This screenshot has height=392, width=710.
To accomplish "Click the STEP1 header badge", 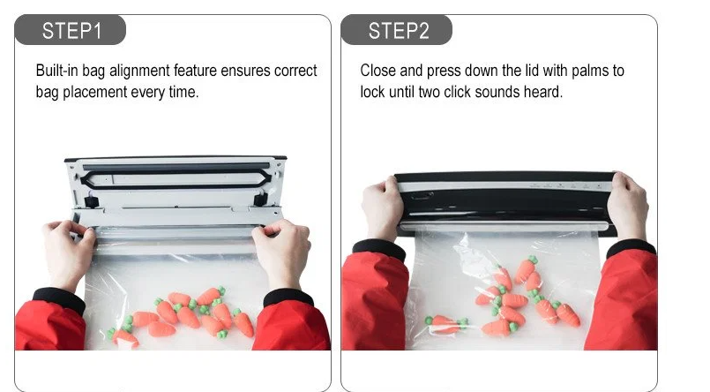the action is [x=71, y=30].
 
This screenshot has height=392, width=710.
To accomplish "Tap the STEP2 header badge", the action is [x=397, y=30].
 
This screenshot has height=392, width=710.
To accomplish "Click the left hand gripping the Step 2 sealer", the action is [x=382, y=208].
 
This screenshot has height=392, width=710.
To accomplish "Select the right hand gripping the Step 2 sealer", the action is [x=628, y=207].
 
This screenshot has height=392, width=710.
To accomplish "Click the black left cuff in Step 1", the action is [x=60, y=299].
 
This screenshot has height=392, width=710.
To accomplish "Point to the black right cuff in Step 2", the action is [x=632, y=247].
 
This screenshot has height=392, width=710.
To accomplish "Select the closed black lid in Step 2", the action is [x=504, y=202].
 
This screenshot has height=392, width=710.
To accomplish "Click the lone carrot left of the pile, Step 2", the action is [x=446, y=325].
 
